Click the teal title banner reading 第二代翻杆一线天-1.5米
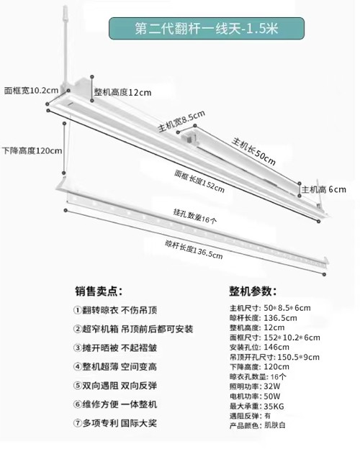click(x=207, y=28)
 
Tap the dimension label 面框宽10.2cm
click(x=31, y=91)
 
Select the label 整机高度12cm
click(x=122, y=92)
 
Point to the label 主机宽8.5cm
click(x=181, y=122)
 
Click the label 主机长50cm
click(x=253, y=151)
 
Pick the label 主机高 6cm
click(x=323, y=189)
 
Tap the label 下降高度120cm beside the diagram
click(x=32, y=150)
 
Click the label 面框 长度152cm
click(x=199, y=181)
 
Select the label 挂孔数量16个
click(x=195, y=216)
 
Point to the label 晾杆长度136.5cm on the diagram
click(x=194, y=250)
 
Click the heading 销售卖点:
click(x=99, y=291)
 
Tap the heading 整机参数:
click(x=253, y=291)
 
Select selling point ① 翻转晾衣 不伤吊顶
click(x=115, y=310)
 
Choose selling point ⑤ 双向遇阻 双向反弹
click(x=115, y=386)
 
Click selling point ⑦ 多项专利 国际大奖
click(x=115, y=423)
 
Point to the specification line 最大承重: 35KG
click(x=257, y=406)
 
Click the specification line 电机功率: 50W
click(x=255, y=396)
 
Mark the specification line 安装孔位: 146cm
click(x=259, y=347)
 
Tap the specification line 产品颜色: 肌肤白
click(x=258, y=425)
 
